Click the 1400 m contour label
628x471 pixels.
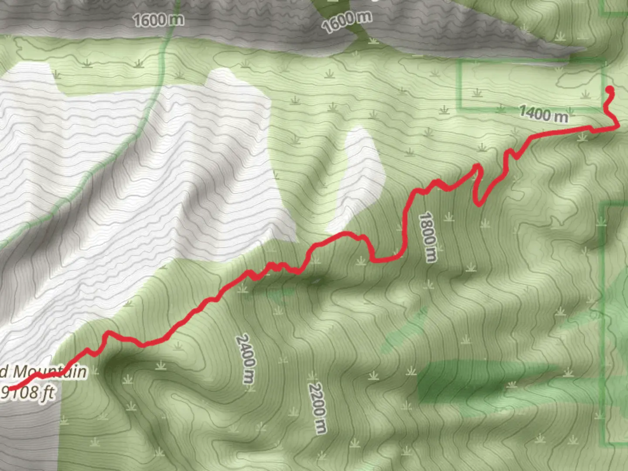543,114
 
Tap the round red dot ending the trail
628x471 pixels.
610,90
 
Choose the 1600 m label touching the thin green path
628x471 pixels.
158,20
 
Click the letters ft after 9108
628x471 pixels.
48,393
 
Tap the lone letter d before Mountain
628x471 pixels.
3,372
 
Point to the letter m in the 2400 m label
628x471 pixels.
248,377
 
